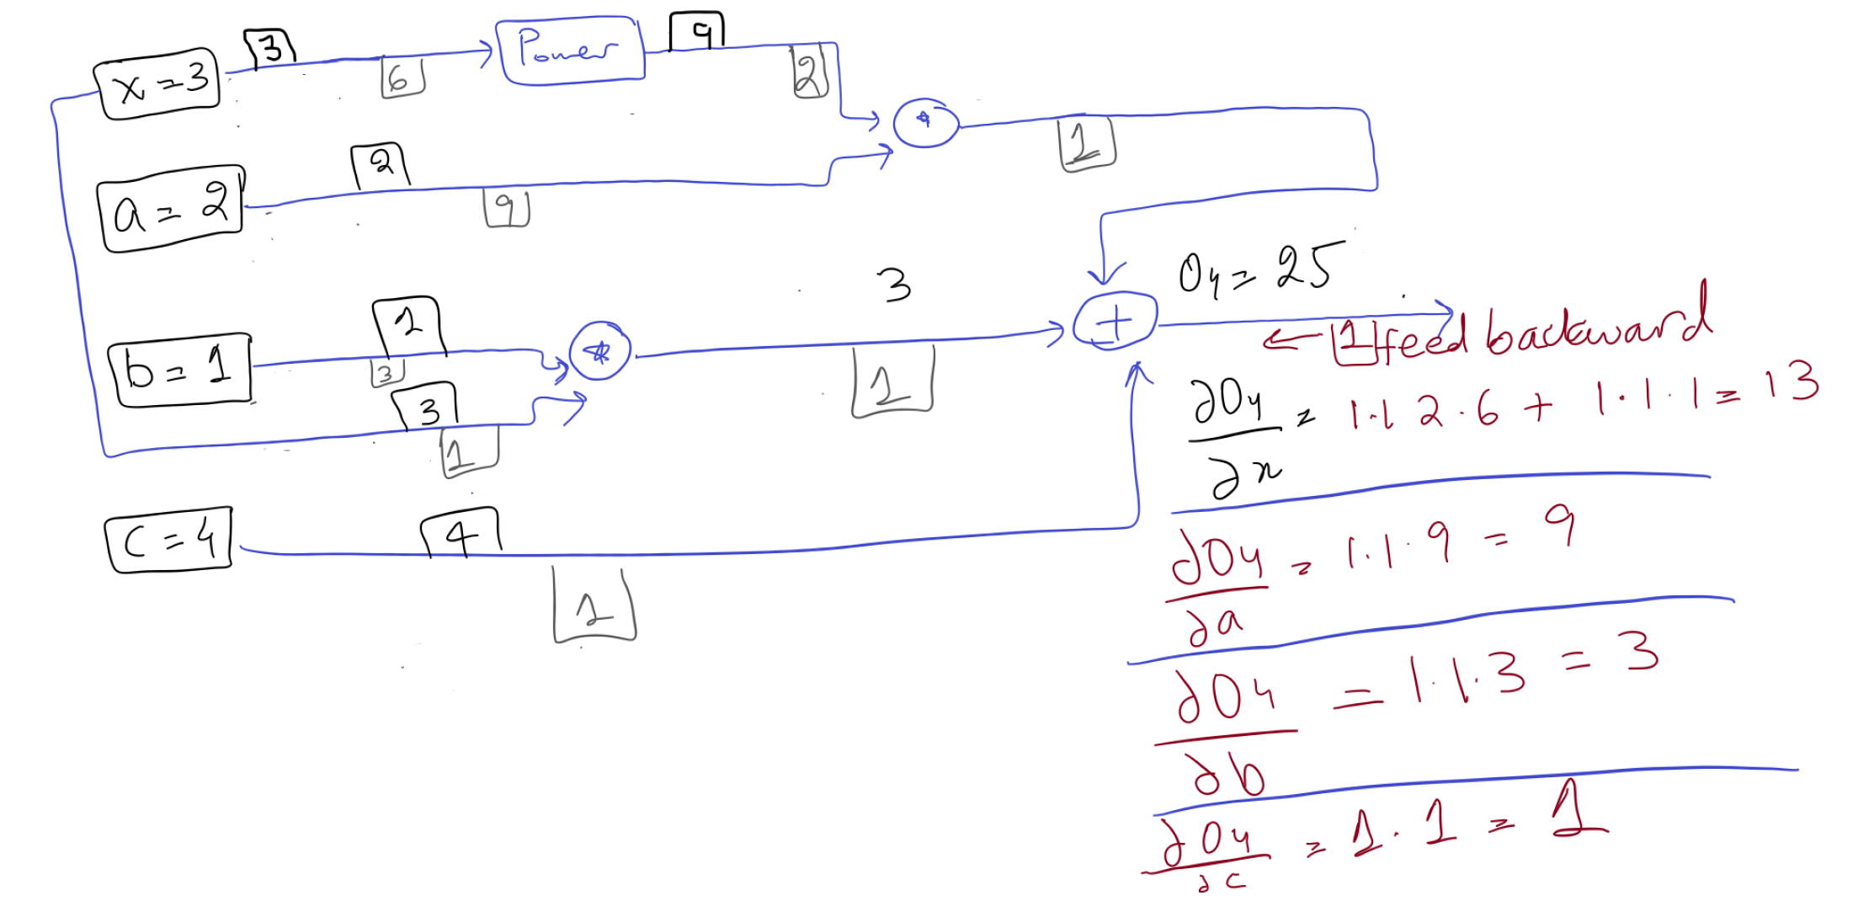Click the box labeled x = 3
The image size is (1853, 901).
pyautogui.click(x=158, y=83)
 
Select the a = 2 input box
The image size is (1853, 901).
pyautogui.click(x=171, y=208)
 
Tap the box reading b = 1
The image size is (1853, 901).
pyautogui.click(x=179, y=371)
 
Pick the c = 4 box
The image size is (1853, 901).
pyautogui.click(x=168, y=541)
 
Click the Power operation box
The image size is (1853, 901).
pyautogui.click(x=570, y=51)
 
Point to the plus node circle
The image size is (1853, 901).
pyautogui.click(x=1115, y=321)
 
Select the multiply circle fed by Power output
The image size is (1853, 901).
pyautogui.click(x=925, y=123)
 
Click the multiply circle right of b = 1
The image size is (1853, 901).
pyautogui.click(x=599, y=351)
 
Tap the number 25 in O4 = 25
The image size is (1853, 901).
pyautogui.click(x=1307, y=268)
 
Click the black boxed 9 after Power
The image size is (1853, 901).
pyautogui.click(x=698, y=32)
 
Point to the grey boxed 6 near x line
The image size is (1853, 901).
pyautogui.click(x=402, y=77)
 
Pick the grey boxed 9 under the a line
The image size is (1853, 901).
pyautogui.click(x=506, y=208)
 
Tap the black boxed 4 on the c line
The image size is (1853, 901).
pyautogui.click(x=461, y=533)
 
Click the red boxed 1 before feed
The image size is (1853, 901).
pyautogui.click(x=1351, y=341)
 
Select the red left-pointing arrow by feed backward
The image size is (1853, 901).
pyautogui.click(x=1291, y=339)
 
